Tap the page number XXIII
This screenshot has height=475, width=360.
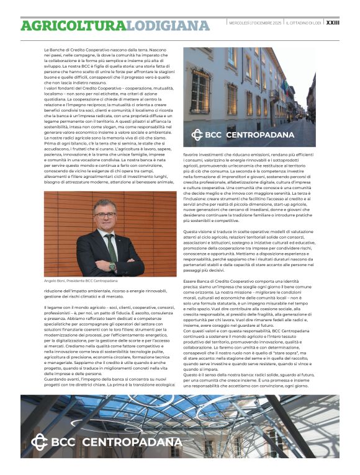click(333, 22)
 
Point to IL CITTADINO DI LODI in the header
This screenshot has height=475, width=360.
click(304, 23)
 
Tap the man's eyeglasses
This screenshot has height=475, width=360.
click(106, 215)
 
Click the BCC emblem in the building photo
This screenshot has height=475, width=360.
click(197, 135)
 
